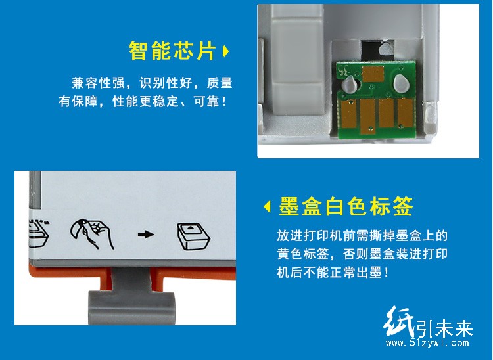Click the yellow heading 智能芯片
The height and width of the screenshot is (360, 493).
[172, 51]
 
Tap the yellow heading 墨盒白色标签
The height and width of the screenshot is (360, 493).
[346, 206]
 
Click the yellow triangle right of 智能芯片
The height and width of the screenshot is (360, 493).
[225, 51]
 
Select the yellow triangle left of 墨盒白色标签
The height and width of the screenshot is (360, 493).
[267, 207]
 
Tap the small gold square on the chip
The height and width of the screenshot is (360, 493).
[373, 74]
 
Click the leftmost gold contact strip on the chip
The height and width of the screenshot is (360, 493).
[349, 114]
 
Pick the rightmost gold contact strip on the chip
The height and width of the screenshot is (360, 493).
[406, 112]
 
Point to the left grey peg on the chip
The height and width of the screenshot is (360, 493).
[350, 85]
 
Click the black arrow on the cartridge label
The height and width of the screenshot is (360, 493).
[146, 235]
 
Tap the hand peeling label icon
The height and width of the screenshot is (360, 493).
[92, 233]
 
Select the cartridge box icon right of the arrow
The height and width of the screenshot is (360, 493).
[193, 237]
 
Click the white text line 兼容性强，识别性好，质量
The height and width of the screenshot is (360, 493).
[153, 83]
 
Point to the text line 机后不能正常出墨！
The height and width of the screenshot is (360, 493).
[333, 272]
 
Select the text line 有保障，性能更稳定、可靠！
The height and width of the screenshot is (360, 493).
[143, 101]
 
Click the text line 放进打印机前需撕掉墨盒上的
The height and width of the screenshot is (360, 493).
[362, 236]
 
